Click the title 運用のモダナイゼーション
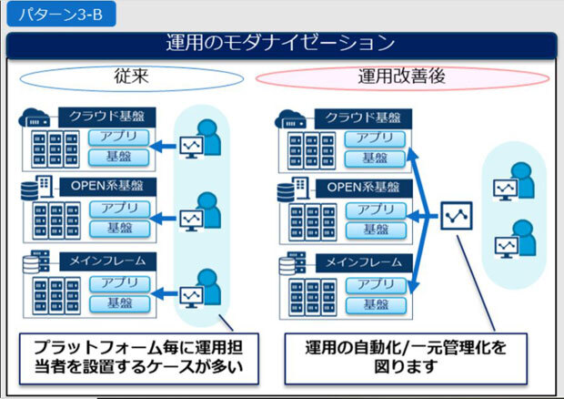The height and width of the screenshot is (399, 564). coord(281,43)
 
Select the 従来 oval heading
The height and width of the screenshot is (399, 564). coord(132,78)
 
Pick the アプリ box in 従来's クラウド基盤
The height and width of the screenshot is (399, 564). coord(119,138)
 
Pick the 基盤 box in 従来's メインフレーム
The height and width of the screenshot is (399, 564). coord(119,302)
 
